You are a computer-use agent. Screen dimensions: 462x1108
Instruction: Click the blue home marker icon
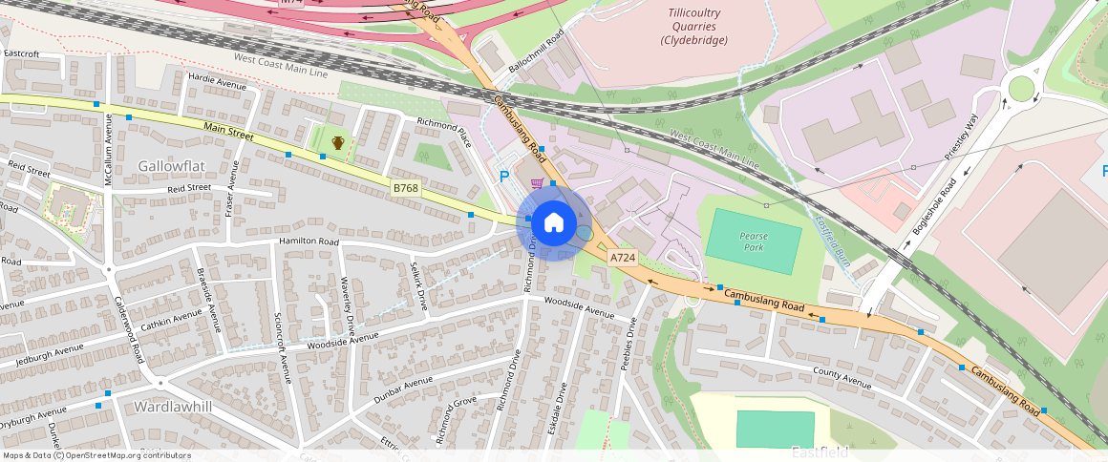pos(554,223)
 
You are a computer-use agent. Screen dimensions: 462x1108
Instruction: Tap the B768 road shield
pos(406,188)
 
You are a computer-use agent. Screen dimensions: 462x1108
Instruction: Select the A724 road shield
pos(623,257)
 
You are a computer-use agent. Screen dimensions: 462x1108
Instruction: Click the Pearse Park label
pos(754,241)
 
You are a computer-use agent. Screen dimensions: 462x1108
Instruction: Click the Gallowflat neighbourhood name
pos(172,165)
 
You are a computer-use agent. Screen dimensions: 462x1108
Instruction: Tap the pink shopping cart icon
pos(538,183)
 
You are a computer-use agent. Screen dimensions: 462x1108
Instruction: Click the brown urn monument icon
pos(337,143)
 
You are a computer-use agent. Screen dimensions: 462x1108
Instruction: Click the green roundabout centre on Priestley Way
pos(1021,89)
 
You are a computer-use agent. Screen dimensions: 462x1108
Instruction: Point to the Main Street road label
pos(228,131)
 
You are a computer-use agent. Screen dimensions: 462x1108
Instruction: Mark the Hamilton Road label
pos(309,242)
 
